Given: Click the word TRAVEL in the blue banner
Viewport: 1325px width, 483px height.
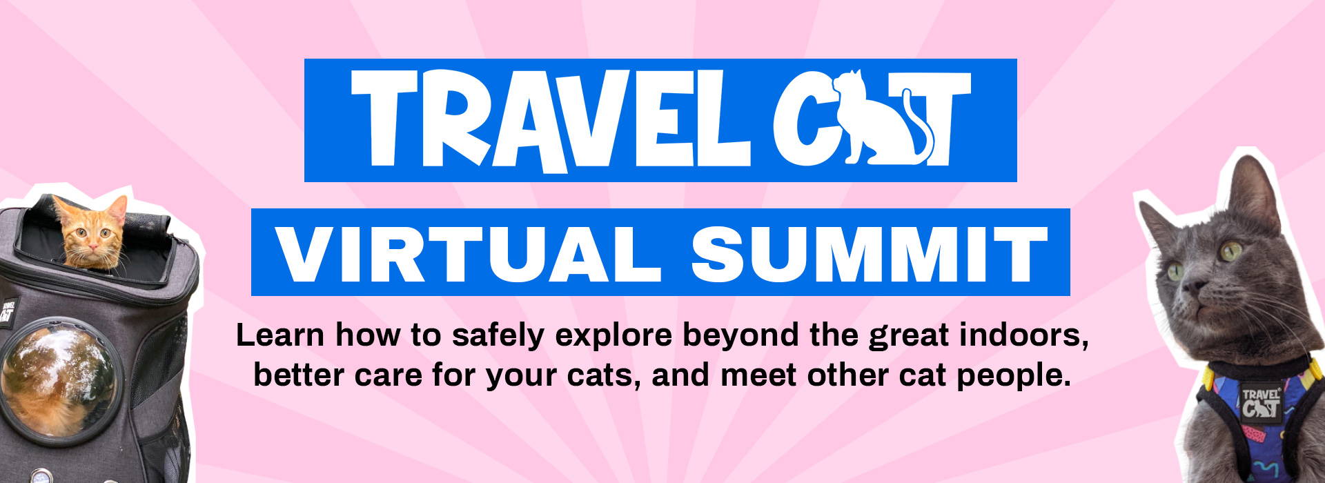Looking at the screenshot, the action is pos(549,119).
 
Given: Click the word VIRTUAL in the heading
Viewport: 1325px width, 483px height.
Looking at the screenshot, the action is pos(460,253).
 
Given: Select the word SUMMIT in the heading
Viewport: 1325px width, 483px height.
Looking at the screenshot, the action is pos(869,253).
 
